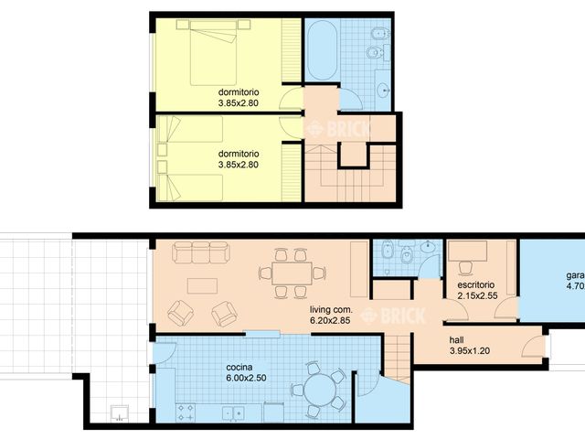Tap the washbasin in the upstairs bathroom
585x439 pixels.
384,89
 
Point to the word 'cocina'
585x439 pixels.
239,367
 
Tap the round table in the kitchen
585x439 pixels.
320,390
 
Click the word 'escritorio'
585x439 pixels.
478,285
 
